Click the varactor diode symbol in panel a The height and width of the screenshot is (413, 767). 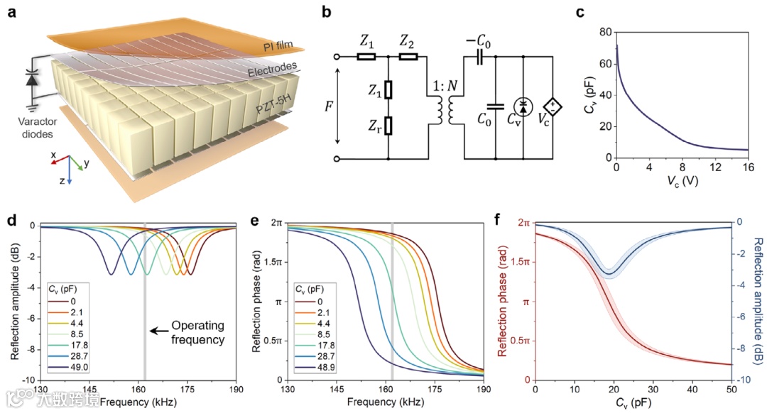[x=31, y=78]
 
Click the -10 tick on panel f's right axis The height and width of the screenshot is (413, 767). [x=744, y=380]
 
